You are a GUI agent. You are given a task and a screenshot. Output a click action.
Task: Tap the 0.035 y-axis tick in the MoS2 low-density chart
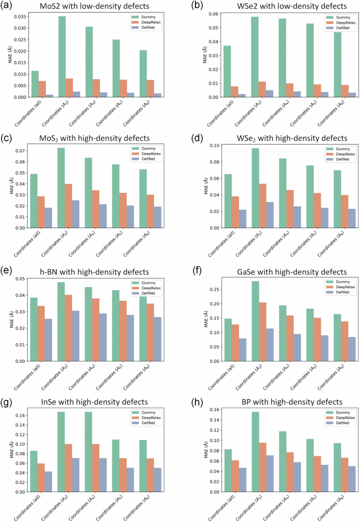click(x=18, y=18)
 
